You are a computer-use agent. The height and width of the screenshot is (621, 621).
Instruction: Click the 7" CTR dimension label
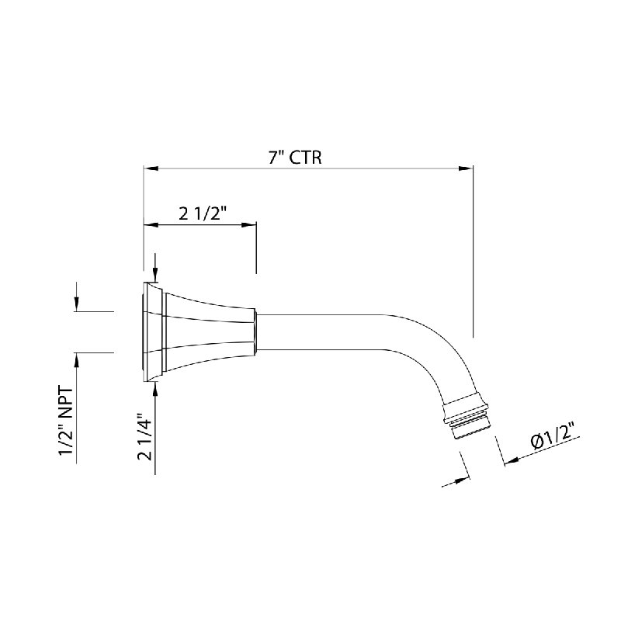pyautogui.click(x=295, y=158)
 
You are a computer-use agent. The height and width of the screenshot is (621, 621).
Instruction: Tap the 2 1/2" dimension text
pyautogui.click(x=203, y=214)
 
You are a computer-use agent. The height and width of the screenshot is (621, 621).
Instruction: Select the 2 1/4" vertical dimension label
pyautogui.click(x=145, y=437)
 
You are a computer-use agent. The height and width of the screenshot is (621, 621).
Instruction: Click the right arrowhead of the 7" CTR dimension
pyautogui.click(x=466, y=168)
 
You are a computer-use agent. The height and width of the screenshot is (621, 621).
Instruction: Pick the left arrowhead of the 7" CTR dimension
pyautogui.click(x=151, y=168)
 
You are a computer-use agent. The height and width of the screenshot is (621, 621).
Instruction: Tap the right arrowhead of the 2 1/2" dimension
pyautogui.click(x=248, y=225)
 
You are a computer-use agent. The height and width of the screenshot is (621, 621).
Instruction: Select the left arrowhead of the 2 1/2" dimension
pyautogui.click(x=151, y=225)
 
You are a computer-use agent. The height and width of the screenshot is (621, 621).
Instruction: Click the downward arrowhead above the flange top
pyautogui.click(x=155, y=276)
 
